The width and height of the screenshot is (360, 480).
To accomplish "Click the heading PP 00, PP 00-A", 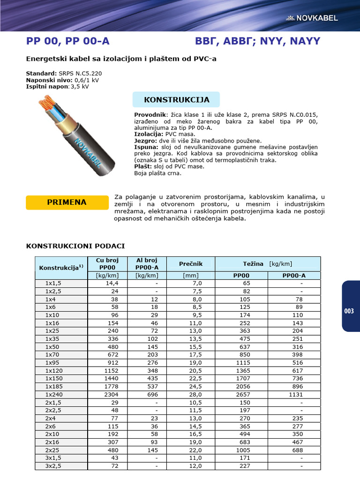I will (68, 41).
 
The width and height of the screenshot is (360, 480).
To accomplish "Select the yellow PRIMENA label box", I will (67, 202).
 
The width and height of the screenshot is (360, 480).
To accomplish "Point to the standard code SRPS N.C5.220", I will (80, 74).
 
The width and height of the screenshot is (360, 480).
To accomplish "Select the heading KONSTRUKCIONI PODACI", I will (75, 246).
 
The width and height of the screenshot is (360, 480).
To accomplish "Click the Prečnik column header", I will (191, 264).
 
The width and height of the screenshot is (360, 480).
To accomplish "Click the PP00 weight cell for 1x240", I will (242, 395).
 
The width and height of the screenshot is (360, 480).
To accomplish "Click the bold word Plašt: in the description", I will (143, 166).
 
